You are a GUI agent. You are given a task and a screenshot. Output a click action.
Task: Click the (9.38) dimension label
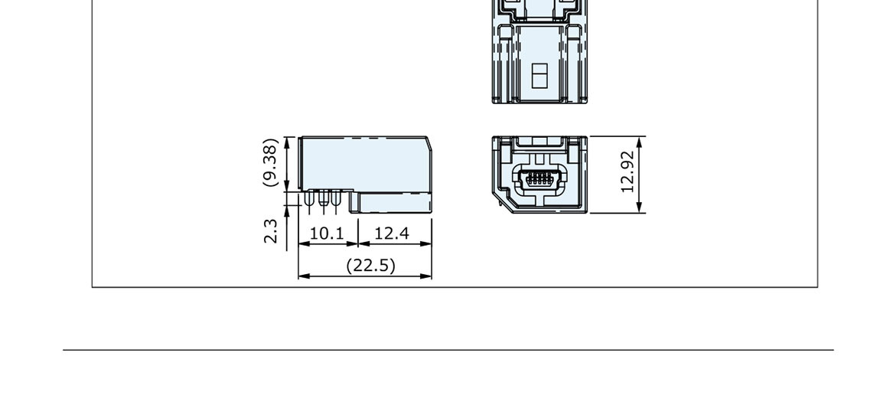coord(271,162)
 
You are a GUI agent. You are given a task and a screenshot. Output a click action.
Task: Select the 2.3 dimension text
coord(271,230)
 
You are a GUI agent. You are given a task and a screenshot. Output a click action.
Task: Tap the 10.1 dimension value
coord(326,233)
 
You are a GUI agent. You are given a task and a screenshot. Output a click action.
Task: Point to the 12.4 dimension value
coord(392,233)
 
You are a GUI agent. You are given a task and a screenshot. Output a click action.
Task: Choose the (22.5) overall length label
coord(370,265)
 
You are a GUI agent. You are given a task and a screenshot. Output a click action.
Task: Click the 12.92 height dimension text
coord(628,172)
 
